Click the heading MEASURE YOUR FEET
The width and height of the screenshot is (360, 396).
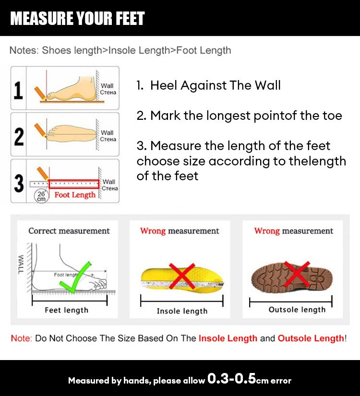pos(77,18)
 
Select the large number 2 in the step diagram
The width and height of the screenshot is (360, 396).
pos(19,136)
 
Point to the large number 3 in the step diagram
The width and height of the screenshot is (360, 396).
pos(19,183)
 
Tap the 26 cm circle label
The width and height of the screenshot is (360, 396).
pos(41,196)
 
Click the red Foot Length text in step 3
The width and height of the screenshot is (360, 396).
pos(75,195)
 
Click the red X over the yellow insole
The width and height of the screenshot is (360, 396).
pos(181,276)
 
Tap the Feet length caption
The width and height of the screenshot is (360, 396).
pos(66,310)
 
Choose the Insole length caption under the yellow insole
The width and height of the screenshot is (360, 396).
pos(182,311)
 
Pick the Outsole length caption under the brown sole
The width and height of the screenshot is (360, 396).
pos(297,310)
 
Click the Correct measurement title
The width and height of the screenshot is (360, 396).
pos(69,231)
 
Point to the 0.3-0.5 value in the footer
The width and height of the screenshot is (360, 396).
pos(231,379)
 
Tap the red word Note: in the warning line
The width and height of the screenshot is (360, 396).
pos(21,338)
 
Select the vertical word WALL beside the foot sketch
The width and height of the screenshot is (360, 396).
pos(21,265)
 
